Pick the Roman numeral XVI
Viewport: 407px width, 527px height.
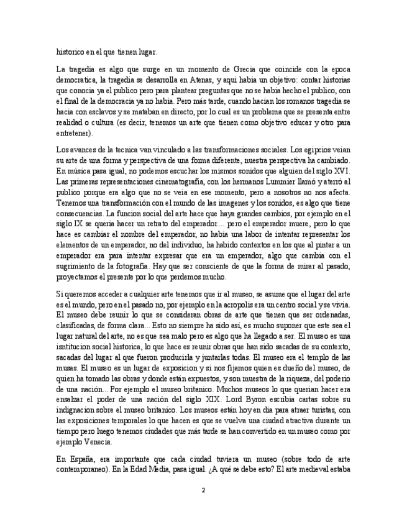343,171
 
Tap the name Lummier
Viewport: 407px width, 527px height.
270,181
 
